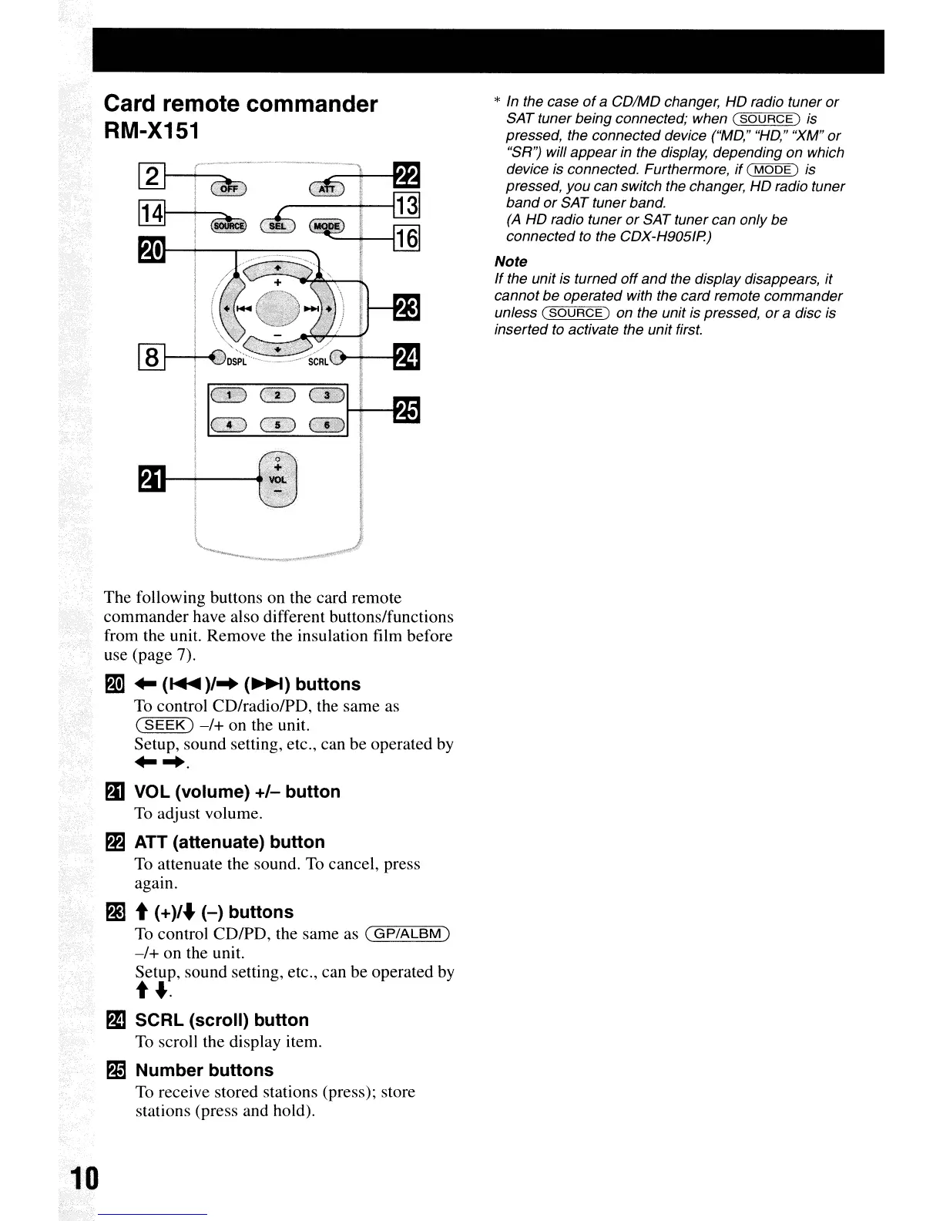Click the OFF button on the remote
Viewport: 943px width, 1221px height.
227,190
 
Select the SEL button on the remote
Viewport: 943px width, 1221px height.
277,226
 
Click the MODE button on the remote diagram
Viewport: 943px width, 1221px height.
326,226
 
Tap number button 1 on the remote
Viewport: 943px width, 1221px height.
229,396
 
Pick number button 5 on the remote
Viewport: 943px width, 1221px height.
277,425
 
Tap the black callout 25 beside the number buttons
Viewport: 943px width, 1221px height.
406,411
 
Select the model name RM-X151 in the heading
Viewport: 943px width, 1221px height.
152,132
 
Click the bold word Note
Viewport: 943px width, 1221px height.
511,262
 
